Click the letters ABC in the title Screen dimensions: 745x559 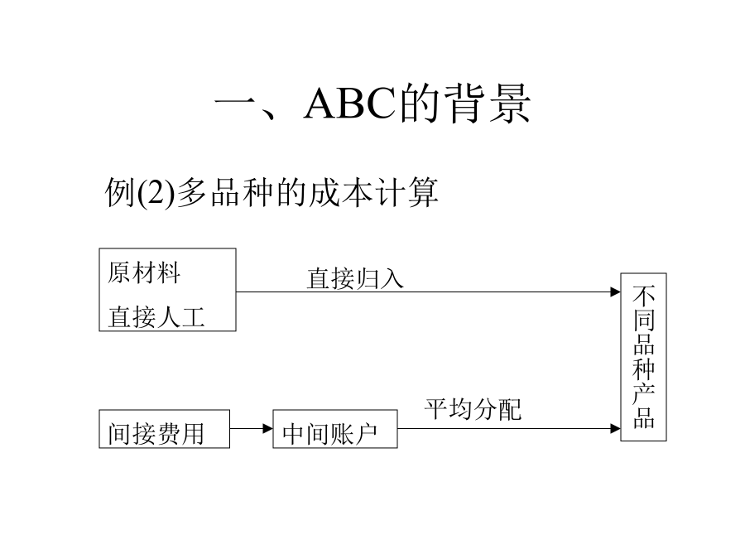349,104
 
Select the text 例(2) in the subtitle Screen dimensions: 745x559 140,192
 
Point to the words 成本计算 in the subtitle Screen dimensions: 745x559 373,192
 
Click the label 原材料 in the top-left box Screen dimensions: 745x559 144,272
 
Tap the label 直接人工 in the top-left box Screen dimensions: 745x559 156,317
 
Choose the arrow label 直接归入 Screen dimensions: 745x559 355,278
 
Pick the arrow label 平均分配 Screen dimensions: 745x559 473,409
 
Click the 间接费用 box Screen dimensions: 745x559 165,429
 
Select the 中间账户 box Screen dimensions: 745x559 335,429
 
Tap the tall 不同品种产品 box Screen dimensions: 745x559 643,357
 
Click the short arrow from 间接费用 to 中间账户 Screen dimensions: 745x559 252,429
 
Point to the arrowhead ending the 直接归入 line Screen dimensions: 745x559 616,292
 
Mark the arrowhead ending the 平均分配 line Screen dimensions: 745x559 616,429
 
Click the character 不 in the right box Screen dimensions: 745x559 644,296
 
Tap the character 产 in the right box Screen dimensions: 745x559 644,393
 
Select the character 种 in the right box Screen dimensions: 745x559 644,369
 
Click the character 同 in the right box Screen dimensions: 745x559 644,320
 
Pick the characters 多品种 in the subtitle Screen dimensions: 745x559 225,192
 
